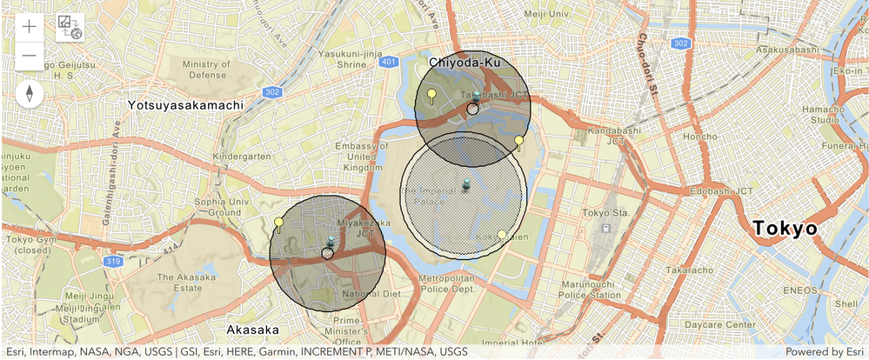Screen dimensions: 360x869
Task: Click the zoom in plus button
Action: [29, 26]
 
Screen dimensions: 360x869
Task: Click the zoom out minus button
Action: [29, 56]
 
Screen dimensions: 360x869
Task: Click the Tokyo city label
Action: [785, 228]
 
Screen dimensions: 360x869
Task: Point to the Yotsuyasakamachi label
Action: [184, 104]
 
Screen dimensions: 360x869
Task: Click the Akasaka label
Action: [252, 330]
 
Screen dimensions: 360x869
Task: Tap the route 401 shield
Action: [390, 62]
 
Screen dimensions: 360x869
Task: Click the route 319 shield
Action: [114, 260]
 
